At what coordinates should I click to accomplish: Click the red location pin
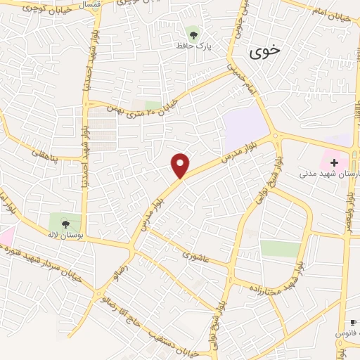pyautogui.click(x=181, y=165)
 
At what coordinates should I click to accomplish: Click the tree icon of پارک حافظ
pyautogui.click(x=193, y=32)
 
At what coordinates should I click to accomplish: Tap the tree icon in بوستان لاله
pyautogui.click(x=65, y=224)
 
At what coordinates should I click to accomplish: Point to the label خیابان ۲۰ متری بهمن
pyautogui.click(x=144, y=101)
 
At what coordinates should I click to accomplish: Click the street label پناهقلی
pyautogui.click(x=49, y=148)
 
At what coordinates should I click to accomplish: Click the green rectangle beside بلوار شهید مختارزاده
pyautogui.click(x=281, y=248)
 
